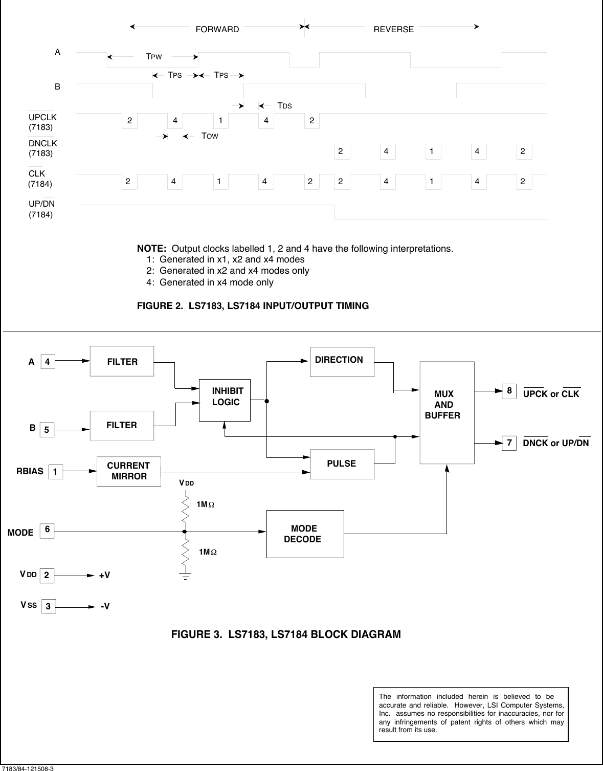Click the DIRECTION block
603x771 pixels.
tap(342, 362)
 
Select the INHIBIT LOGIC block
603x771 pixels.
tap(225, 400)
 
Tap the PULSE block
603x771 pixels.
tap(342, 464)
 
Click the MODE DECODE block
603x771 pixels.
tap(305, 534)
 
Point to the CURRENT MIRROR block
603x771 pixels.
tap(129, 471)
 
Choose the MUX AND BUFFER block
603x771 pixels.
tap(446, 412)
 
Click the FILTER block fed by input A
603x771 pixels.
tap(122, 361)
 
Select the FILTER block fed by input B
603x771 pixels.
tap(122, 425)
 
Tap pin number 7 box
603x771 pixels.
tap(509, 443)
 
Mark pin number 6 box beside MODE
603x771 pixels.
tap(47, 531)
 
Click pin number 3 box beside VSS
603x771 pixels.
tap(48, 607)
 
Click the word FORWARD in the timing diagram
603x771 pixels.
tap(217, 29)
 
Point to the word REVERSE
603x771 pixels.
tap(393, 29)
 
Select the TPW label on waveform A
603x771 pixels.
tap(154, 57)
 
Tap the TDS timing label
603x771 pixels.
tap(284, 105)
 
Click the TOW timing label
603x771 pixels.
tap(210, 136)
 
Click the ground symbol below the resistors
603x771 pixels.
tap(185, 576)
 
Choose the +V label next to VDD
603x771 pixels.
tap(104, 576)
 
